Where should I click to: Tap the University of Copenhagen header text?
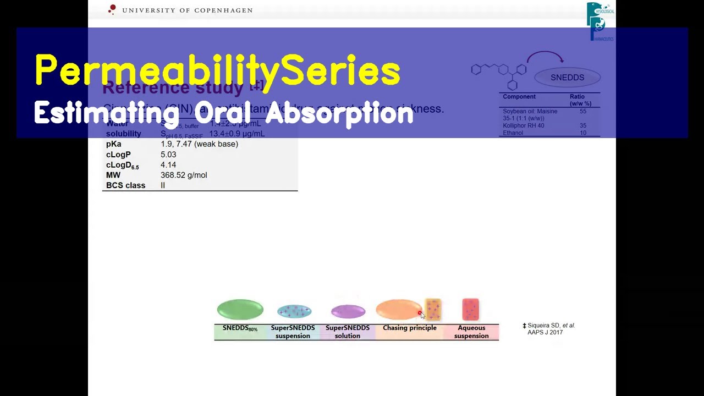187,10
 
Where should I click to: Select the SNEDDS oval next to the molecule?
567,78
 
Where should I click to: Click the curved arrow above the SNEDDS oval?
545,56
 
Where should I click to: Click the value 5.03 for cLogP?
168,155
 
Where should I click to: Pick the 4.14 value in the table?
168,165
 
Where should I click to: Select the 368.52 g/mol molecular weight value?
184,175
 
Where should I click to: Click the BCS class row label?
125,185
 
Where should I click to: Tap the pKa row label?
113,144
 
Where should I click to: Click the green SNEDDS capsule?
240,310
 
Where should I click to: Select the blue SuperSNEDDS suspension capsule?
294,311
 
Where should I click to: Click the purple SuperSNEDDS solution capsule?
348,312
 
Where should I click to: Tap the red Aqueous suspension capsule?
470,309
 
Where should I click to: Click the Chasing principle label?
409,328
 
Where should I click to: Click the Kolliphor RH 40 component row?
523,125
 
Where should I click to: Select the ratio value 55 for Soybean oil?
582,111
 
